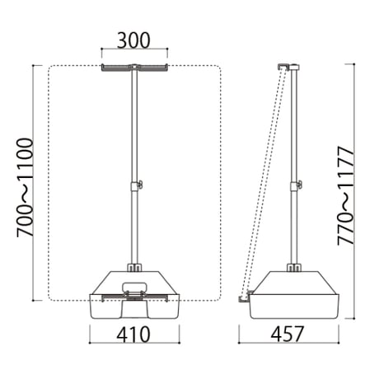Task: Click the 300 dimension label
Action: tap(133, 40)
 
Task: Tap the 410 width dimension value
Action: tap(133, 335)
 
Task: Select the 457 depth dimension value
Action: tap(288, 335)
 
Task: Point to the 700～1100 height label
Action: tap(25, 188)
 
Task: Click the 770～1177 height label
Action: tap(345, 196)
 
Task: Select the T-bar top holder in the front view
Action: tap(134, 68)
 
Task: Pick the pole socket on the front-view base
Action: tap(134, 268)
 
